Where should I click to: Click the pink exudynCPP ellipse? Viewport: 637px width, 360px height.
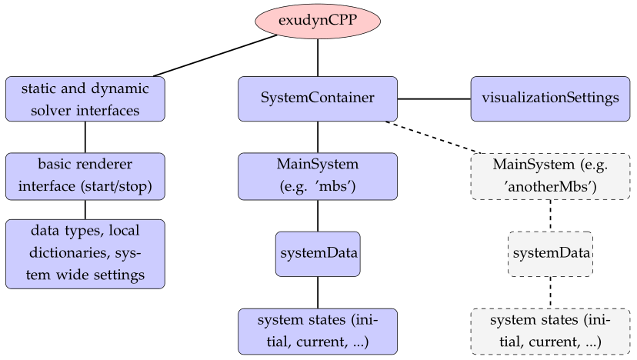(x=318, y=21)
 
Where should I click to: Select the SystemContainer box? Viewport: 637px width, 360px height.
(x=318, y=98)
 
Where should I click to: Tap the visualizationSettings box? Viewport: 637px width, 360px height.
(x=551, y=98)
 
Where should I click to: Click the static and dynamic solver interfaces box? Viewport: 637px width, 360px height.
(x=85, y=98)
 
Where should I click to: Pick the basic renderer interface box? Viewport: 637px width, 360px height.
(x=85, y=176)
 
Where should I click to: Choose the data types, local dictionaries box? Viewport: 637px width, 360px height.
(x=85, y=254)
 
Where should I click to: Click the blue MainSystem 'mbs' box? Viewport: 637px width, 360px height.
(x=318, y=176)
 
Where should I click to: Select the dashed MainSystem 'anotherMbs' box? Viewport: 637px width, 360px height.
(x=551, y=176)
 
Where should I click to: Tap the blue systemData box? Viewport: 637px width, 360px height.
(x=318, y=254)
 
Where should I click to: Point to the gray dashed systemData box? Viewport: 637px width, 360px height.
(x=551, y=254)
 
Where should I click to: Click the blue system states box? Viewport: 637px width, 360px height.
(x=318, y=332)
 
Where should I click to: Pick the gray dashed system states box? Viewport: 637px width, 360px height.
(x=551, y=332)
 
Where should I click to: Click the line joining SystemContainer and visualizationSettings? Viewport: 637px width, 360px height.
(x=434, y=98)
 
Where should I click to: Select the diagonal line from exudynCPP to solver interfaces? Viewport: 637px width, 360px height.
(x=215, y=55)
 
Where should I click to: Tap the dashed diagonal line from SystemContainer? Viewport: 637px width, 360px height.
(x=432, y=138)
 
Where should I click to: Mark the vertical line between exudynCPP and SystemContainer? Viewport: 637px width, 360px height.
(x=318, y=58)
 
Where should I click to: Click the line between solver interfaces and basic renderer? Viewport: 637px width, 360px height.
(x=85, y=137)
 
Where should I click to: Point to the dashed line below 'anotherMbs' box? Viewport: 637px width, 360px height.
(x=551, y=215)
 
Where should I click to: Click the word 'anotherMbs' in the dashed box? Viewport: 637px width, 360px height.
(x=549, y=187)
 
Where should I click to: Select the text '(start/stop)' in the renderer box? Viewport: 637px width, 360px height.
(x=116, y=186)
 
